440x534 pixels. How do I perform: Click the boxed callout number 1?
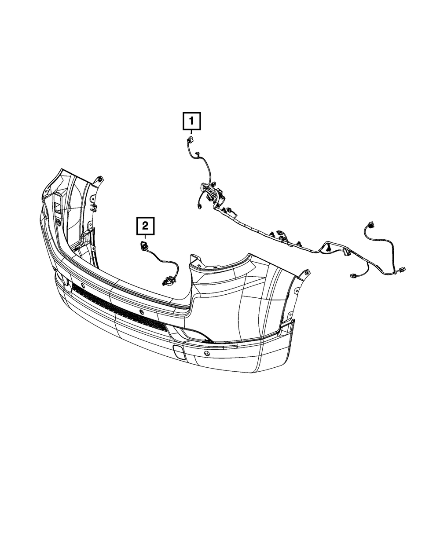pos(191,121)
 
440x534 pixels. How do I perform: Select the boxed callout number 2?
pos(145,227)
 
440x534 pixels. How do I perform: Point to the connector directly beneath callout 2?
pos(143,246)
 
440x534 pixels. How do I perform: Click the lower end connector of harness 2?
pos(166,281)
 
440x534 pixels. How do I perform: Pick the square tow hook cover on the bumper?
pos(180,351)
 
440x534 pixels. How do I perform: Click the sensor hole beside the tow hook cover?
pos(207,353)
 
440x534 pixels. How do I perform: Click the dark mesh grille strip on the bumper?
pos(119,308)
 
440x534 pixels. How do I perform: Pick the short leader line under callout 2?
pos(145,238)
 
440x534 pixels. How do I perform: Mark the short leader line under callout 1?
pos(191,132)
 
